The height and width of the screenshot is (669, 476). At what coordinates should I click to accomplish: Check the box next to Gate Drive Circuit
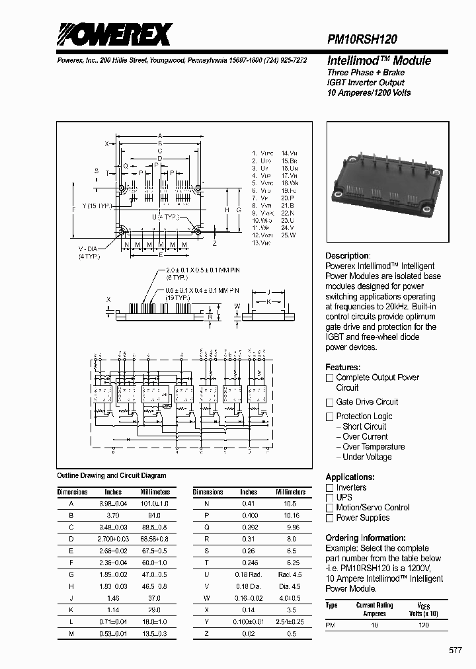(329, 403)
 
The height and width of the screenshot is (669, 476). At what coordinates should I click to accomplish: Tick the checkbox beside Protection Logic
(329, 416)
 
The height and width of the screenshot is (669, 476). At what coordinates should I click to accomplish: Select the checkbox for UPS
(329, 498)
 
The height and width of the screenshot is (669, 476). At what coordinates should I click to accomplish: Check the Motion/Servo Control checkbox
(329, 508)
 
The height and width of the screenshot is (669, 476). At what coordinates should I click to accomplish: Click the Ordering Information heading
(365, 538)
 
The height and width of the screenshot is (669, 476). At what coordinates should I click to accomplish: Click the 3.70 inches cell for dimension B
(113, 514)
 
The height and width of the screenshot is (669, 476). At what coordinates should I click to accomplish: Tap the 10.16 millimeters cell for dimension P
(290, 514)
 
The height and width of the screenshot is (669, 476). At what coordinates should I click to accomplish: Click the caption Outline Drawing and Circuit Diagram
(112, 475)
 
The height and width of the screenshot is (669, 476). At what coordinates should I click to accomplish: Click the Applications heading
(350, 477)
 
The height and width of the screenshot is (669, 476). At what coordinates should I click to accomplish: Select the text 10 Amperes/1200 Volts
(369, 93)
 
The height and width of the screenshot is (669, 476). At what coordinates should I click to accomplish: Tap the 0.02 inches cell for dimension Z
(249, 634)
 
